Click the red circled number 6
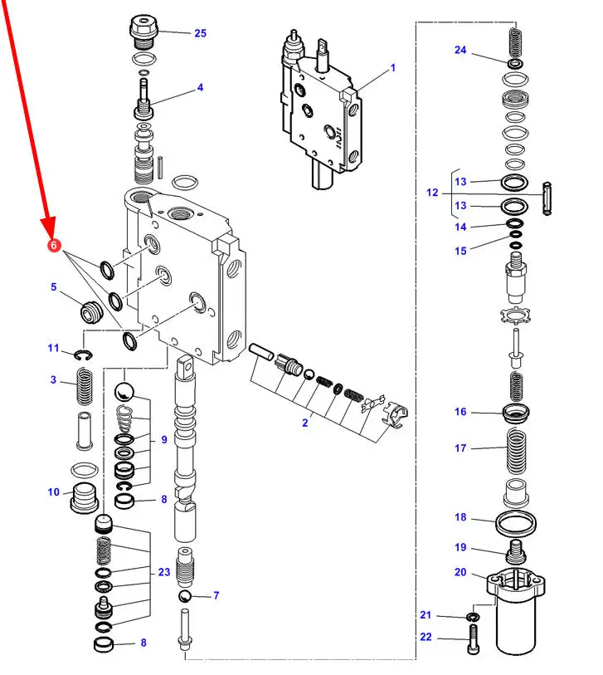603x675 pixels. tap(54, 246)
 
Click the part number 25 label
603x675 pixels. tap(201, 33)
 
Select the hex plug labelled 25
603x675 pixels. tap(144, 32)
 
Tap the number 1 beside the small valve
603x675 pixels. tap(392, 67)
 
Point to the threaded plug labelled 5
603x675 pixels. tap(91, 311)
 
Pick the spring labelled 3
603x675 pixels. tap(85, 386)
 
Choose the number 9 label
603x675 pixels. tap(164, 439)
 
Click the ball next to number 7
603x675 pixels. tap(185, 597)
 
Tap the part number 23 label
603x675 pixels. tap(164, 572)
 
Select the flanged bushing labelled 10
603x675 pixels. tap(85, 497)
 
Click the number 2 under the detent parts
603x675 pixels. tap(305, 423)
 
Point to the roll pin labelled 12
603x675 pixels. tap(547, 198)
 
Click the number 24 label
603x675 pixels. tap(460, 50)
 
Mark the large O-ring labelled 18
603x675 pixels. tap(516, 523)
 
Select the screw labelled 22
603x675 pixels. tap(473, 639)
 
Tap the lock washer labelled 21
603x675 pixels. tap(473, 618)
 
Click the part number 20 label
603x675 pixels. tap(460, 572)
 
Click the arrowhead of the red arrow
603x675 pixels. tap(50, 229)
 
